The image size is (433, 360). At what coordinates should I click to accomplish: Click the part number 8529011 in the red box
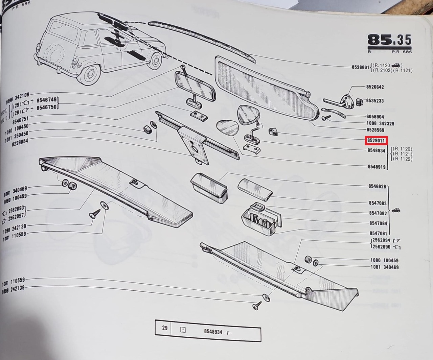376,140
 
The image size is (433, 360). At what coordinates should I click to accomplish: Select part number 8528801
360,67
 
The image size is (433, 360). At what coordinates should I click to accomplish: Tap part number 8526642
375,87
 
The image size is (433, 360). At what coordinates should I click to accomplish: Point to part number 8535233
375,101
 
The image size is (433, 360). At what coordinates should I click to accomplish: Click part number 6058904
375,116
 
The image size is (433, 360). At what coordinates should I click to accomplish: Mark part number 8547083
378,203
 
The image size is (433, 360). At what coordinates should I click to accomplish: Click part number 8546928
377,186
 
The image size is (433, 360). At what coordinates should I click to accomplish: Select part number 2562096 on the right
381,247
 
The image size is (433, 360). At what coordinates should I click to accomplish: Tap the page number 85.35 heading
389,40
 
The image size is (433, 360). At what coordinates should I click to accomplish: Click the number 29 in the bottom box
165,328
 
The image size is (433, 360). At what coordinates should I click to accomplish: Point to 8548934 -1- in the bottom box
218,332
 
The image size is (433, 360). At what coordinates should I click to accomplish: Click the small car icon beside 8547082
395,211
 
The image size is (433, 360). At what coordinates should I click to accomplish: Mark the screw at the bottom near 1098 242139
257,306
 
